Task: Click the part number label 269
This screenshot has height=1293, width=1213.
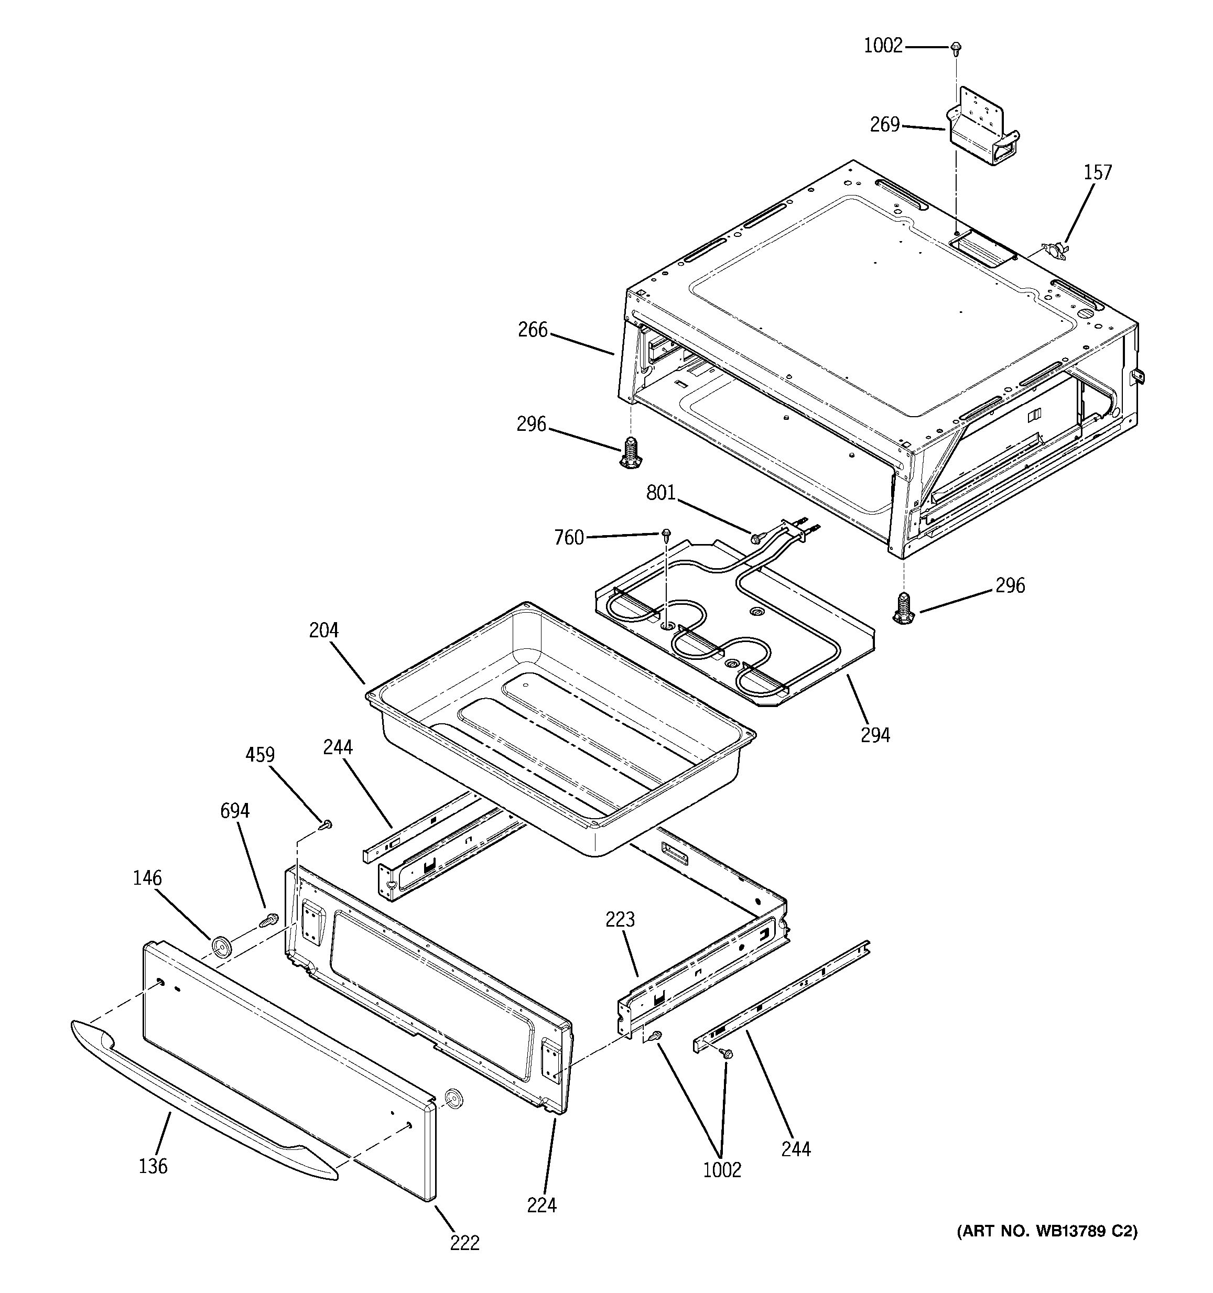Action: [884, 124]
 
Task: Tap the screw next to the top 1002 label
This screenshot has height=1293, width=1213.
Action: [956, 48]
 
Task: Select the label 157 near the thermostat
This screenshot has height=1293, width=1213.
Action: [1098, 172]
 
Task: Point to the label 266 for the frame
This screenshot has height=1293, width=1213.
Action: [533, 330]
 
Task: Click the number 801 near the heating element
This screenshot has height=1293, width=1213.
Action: [661, 494]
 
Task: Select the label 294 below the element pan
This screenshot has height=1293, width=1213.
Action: [875, 735]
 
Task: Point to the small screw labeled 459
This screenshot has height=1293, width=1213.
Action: [327, 825]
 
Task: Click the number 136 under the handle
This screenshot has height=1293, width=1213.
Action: [153, 1166]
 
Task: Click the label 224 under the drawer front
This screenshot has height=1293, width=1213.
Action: [542, 1205]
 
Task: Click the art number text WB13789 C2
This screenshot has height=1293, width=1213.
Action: [1046, 1231]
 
